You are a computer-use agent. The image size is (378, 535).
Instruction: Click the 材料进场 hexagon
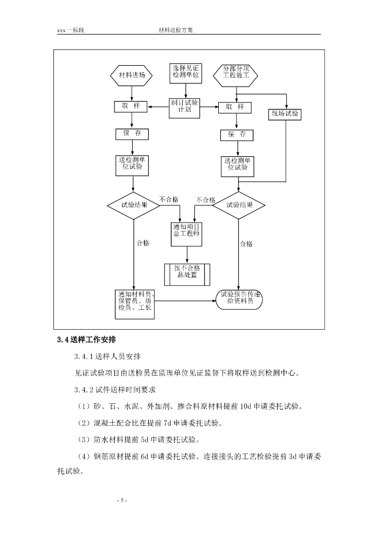click(132, 75)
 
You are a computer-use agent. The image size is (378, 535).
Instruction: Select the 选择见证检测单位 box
click(186, 73)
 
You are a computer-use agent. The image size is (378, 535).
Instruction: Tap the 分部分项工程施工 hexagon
click(236, 75)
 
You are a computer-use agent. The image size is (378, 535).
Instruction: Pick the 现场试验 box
click(285, 114)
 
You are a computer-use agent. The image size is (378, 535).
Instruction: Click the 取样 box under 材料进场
click(131, 107)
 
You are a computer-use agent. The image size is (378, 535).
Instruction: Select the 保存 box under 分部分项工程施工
click(237, 135)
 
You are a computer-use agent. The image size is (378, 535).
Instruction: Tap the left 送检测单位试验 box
click(132, 166)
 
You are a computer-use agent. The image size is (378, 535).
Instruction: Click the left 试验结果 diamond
click(134, 205)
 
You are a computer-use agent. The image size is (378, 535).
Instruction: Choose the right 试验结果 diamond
click(239, 205)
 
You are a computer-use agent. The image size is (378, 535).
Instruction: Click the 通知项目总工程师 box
click(186, 234)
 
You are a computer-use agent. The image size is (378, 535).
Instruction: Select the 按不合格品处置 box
click(187, 274)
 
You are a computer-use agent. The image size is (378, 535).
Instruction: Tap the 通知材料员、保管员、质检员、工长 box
click(135, 305)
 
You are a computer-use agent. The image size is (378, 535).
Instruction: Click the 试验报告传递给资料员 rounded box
click(240, 300)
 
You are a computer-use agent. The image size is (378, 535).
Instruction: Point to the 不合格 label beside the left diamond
click(169, 200)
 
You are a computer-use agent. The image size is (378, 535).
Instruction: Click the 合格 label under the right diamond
click(246, 243)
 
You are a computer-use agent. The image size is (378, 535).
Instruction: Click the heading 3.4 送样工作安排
click(87, 340)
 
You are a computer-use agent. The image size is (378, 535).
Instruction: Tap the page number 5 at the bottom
click(122, 501)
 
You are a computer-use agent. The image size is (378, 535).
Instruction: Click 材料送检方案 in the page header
click(176, 30)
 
